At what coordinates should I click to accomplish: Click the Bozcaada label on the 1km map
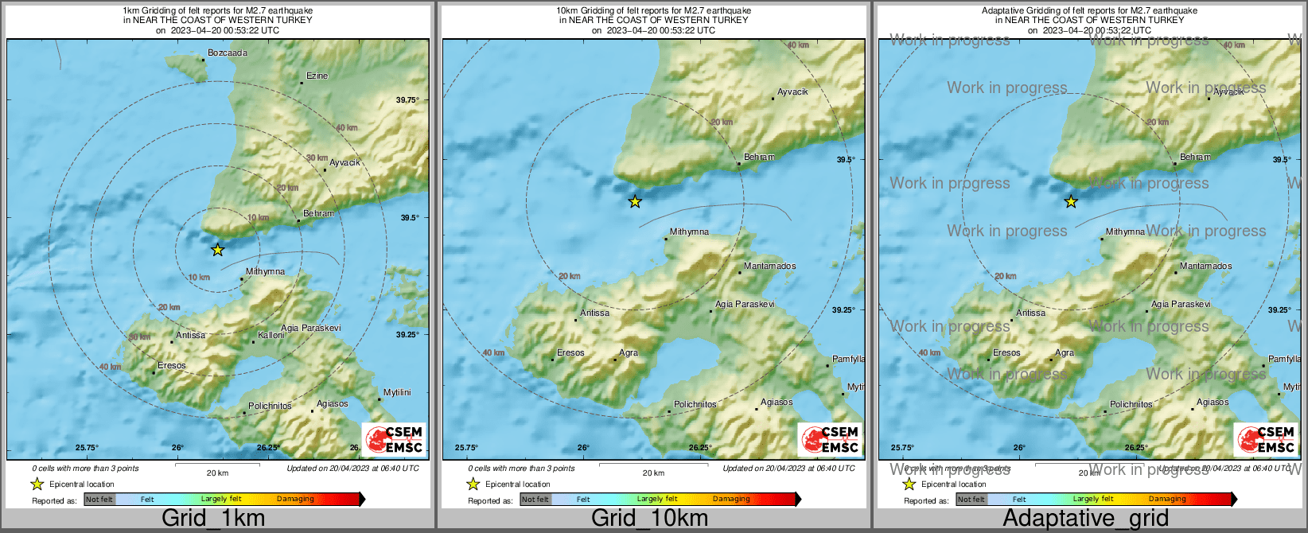tap(227, 53)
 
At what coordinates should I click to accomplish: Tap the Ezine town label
tap(317, 76)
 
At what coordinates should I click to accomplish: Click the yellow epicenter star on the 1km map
tap(217, 250)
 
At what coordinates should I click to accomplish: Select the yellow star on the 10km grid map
tap(635, 201)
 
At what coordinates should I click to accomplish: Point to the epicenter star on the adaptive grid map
tap(1071, 201)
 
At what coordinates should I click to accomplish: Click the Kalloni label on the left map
tap(271, 336)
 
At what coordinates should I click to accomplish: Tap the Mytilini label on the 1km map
tap(397, 393)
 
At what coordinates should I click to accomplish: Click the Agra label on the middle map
tap(628, 353)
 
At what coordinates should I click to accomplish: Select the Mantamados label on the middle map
tap(769, 266)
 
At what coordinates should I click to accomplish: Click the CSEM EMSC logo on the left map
tap(395, 439)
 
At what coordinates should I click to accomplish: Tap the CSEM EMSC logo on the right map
tap(1267, 439)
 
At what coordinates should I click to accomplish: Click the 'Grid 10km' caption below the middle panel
tap(649, 518)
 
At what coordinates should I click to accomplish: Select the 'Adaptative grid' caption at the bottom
tap(1085, 518)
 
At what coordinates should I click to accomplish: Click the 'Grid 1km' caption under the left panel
tap(213, 518)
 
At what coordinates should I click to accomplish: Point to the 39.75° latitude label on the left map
tap(407, 100)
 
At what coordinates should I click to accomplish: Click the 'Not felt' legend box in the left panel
tap(99, 500)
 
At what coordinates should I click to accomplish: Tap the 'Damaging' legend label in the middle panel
tap(731, 500)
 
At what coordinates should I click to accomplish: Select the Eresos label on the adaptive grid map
tap(1006, 353)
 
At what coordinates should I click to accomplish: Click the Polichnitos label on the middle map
tap(695, 405)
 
